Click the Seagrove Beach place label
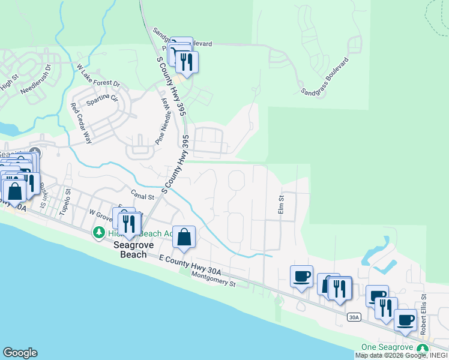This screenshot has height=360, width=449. point(130,250)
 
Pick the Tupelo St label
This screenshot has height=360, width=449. point(64,202)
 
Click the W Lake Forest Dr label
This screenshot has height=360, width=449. point(98,76)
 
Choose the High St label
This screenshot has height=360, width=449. point(9,80)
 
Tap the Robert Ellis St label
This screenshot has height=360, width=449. point(423,314)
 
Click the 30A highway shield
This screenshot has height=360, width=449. point(355,317)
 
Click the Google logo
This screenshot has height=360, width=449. point(20,352)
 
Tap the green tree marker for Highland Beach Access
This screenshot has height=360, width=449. point(96,232)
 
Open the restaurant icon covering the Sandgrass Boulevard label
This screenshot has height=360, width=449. point(187,61)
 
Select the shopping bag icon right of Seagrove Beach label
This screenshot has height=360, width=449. point(184,237)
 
